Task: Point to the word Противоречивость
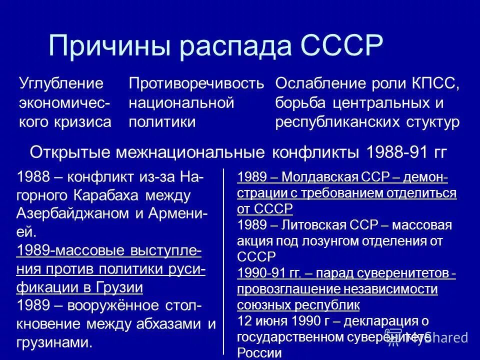point(196,83)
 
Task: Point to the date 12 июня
point(261,321)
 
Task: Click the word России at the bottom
point(259,353)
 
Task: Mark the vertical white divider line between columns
point(223,260)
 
